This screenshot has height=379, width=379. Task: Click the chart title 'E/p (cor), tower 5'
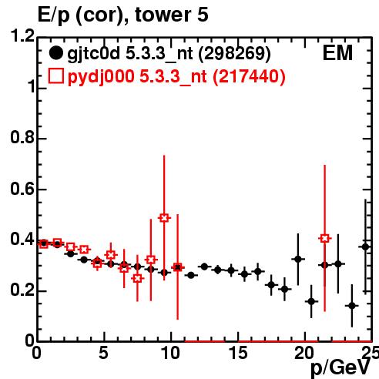[x=122, y=15]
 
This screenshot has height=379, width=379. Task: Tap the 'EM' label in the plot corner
[x=337, y=53]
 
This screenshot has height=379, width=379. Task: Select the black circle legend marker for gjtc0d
[x=55, y=53]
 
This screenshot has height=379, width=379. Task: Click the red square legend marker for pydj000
[x=56, y=76]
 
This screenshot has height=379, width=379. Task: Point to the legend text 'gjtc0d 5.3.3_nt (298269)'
[x=169, y=54]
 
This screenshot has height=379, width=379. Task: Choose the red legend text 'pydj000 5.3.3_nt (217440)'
[x=176, y=77]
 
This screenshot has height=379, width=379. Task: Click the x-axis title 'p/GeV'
[x=340, y=368]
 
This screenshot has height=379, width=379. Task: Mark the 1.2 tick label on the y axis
[x=22, y=36]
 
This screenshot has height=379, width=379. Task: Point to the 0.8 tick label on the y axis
[x=22, y=137]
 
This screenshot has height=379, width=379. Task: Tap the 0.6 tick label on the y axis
[x=22, y=189]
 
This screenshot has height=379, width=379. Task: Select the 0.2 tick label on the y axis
[x=22, y=290]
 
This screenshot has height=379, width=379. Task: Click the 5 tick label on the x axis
[x=103, y=353]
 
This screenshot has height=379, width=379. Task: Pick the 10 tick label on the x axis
[x=171, y=353]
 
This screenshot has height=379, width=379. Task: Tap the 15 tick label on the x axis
[x=238, y=353]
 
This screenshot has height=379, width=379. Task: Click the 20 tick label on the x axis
[x=305, y=353]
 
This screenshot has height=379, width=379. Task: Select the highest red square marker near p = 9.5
[x=164, y=218]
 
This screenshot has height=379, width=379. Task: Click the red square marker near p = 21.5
[x=325, y=238]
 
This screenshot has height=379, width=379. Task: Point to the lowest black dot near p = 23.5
[x=352, y=306]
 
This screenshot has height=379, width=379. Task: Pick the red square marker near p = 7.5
[x=138, y=278]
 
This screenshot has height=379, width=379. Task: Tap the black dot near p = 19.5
[x=298, y=259]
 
